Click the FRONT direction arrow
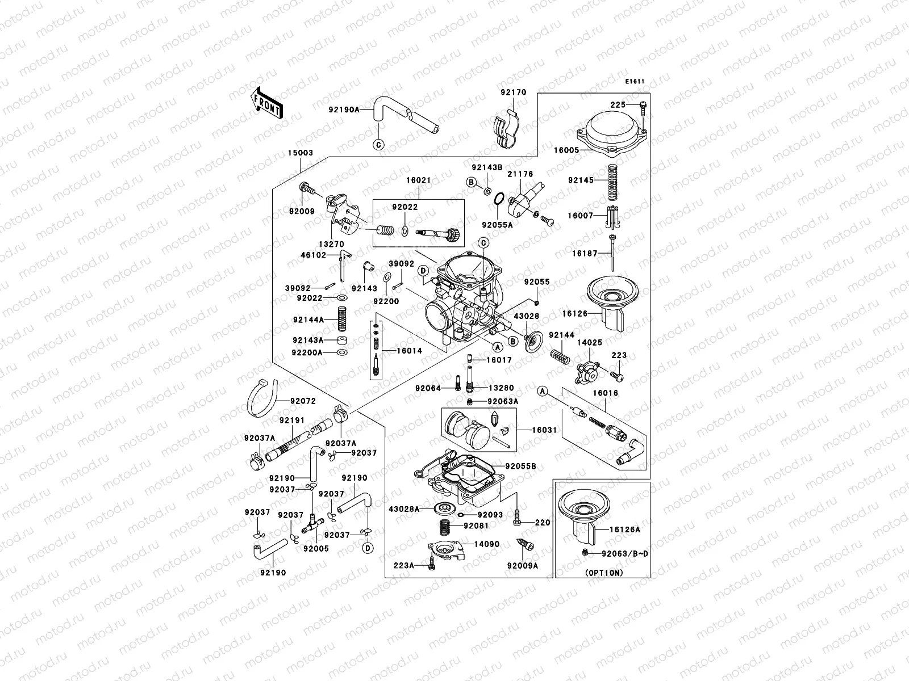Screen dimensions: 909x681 tap(266, 103)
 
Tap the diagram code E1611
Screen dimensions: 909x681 tap(635, 82)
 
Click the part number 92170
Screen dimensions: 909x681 tap(513, 93)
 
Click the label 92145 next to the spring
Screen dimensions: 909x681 tap(580, 180)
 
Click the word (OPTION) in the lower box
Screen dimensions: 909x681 tap(603, 573)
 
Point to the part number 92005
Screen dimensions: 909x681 tap(315, 549)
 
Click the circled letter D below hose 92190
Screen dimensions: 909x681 tap(368, 548)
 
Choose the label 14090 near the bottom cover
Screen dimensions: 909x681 tap(487, 544)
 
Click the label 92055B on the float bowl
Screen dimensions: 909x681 tap(522, 466)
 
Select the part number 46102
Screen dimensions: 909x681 tap(313, 255)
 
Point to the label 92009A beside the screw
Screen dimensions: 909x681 tap(522, 565)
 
